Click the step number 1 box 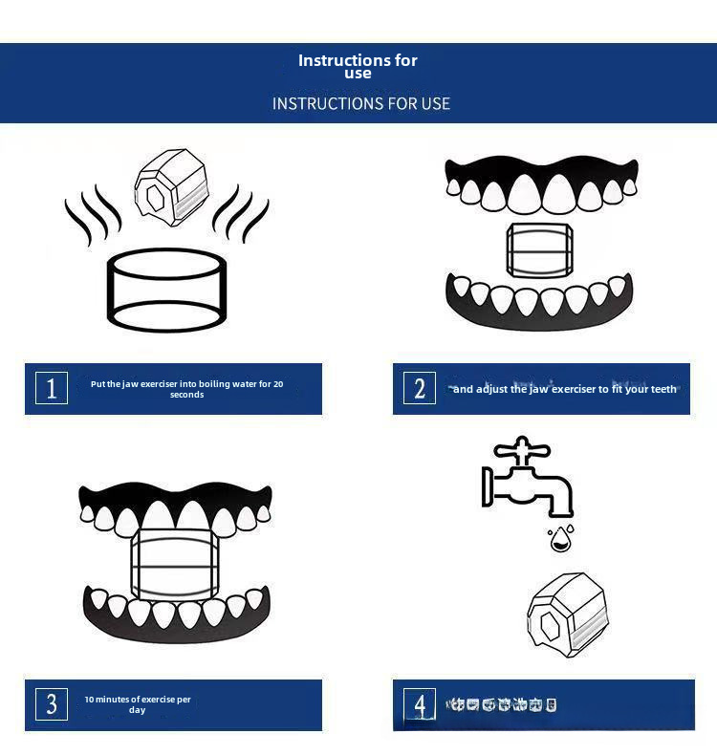tap(52, 388)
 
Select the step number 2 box tap(420, 388)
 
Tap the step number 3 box tap(52, 704)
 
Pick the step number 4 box tap(420, 705)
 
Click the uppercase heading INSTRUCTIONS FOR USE tap(360, 103)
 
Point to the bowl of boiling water tap(167, 289)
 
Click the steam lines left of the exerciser tap(93, 215)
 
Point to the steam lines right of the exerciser tap(239, 212)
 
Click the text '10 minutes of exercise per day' tap(137, 705)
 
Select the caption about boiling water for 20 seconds tap(186, 389)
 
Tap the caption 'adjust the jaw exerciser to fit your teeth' tap(564, 389)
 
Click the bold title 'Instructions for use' tap(358, 66)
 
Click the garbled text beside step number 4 tap(503, 705)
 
